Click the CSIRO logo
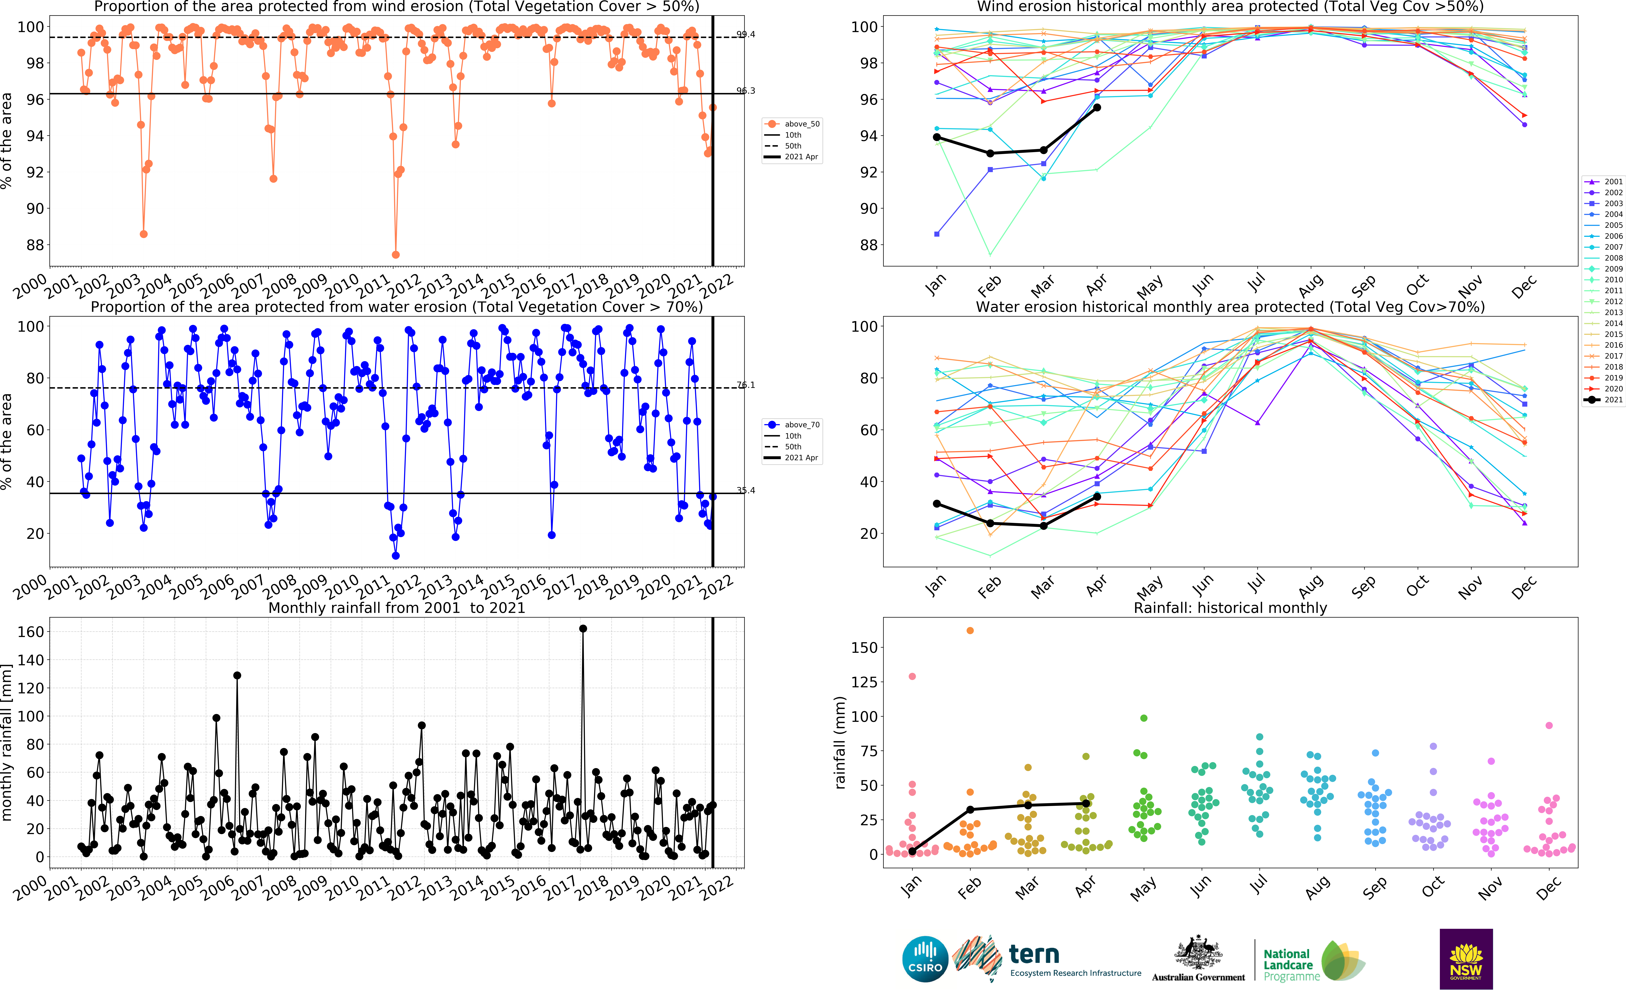(925, 959)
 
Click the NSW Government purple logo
(1466, 959)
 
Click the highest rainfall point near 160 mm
(582, 628)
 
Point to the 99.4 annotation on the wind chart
(745, 35)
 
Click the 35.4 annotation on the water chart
(745, 490)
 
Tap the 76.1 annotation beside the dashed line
(745, 385)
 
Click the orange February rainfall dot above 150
(970, 630)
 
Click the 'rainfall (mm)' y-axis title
(840, 742)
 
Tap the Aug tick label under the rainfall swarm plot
(1317, 887)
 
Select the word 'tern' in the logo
(1034, 954)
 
